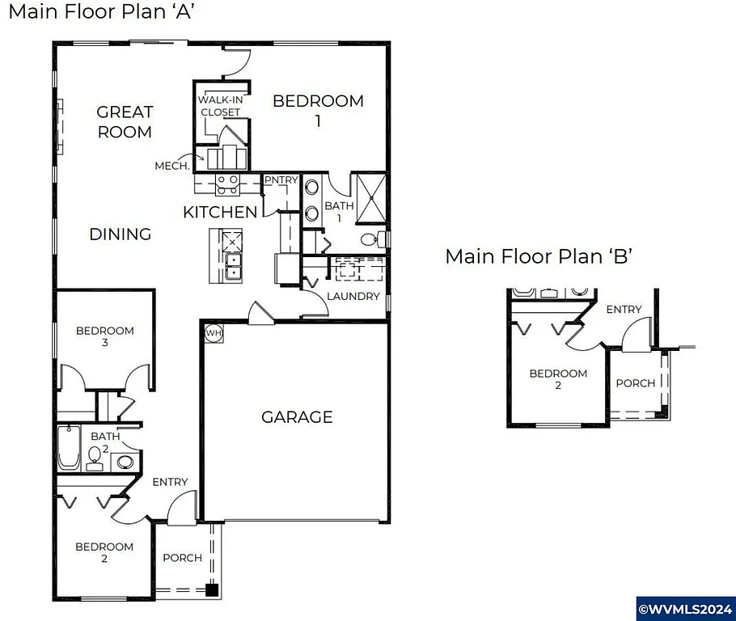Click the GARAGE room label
click(297, 417)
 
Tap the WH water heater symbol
click(214, 332)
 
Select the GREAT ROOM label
click(125, 122)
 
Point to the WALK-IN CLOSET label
click(220, 106)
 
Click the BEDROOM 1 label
click(318, 110)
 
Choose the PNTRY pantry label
click(281, 180)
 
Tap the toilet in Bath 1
click(370, 239)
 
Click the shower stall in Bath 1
click(371, 196)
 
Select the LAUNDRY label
click(353, 296)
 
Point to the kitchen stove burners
click(227, 185)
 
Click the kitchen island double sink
click(233, 265)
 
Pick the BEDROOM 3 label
click(104, 336)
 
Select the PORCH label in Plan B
click(635, 382)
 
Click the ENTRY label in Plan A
click(170, 482)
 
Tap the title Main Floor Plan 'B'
click(538, 256)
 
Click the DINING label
click(120, 234)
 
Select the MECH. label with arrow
click(172, 166)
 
